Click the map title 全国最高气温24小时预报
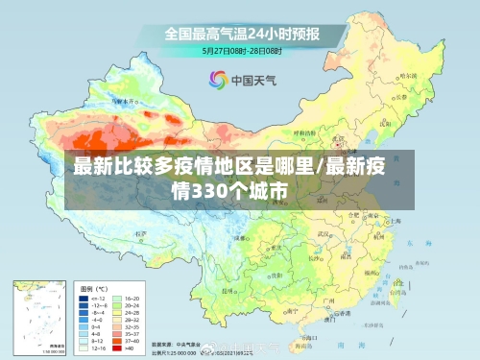pos(241,33)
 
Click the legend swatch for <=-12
pos(84,299)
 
